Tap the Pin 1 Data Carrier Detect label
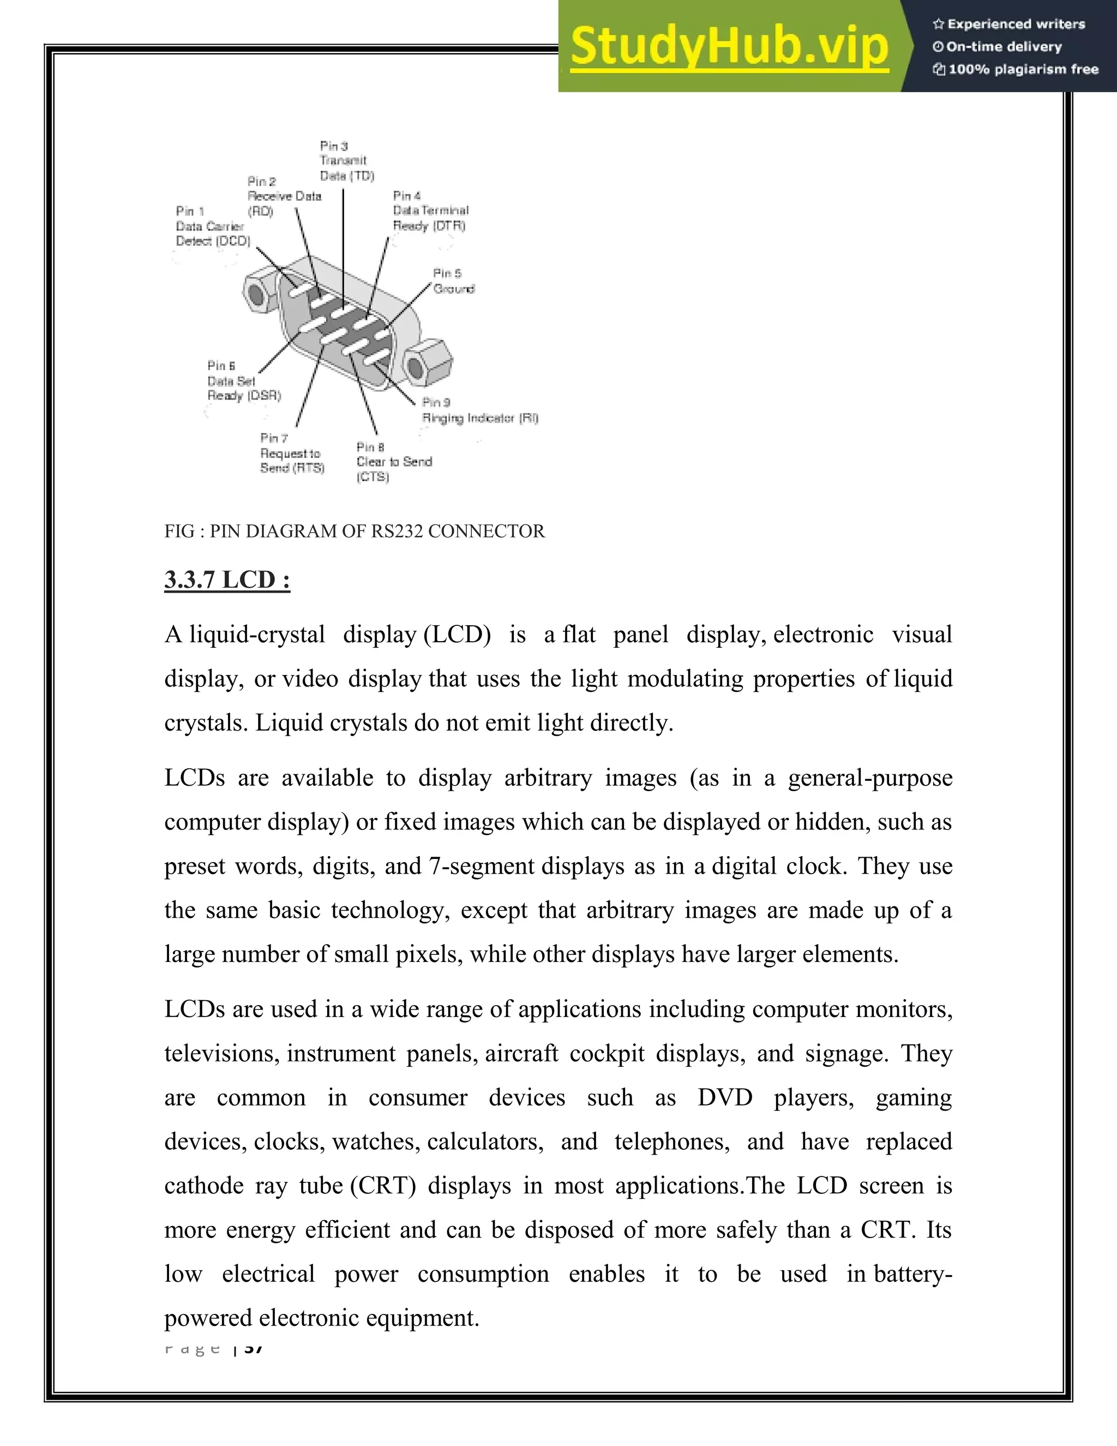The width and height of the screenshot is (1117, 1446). (212, 226)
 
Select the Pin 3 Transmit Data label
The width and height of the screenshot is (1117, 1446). (346, 161)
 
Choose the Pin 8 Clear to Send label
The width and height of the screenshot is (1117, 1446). (393, 462)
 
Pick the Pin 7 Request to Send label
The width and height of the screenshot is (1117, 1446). (291, 453)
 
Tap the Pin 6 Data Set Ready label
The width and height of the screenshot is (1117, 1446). (243, 381)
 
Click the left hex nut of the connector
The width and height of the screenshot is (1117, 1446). (260, 292)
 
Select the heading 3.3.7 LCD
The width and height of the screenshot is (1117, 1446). (227, 580)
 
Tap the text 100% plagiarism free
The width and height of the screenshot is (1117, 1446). (1023, 69)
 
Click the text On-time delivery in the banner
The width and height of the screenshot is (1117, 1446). (1003, 47)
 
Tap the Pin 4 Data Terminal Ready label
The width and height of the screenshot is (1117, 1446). (430, 211)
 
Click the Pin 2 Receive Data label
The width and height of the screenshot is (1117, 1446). (283, 196)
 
